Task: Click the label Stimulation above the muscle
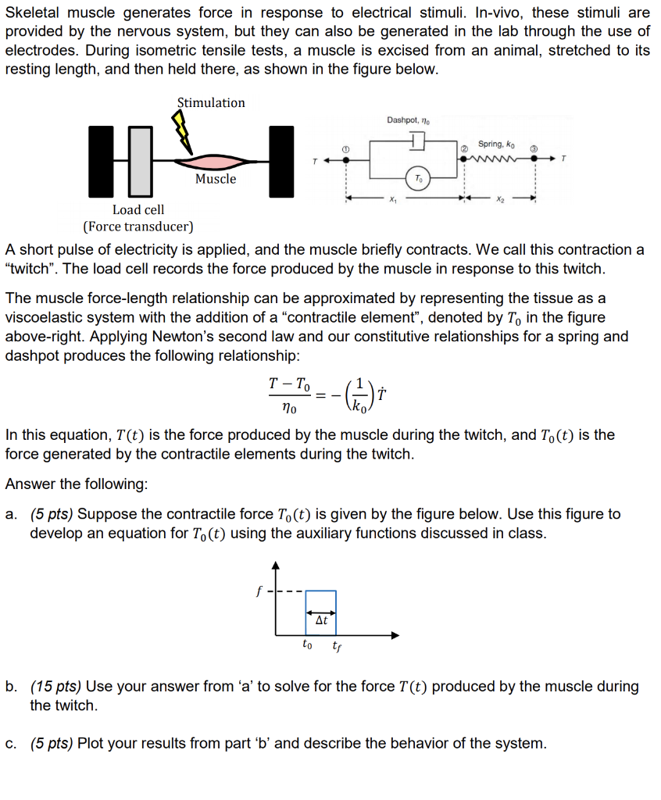[211, 102]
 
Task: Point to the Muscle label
[216, 179]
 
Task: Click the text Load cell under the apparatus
[138, 209]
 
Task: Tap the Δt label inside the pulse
[321, 622]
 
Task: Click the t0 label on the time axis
[307, 645]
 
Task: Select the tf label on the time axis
[336, 646]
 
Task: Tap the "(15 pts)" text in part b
[55, 687]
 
